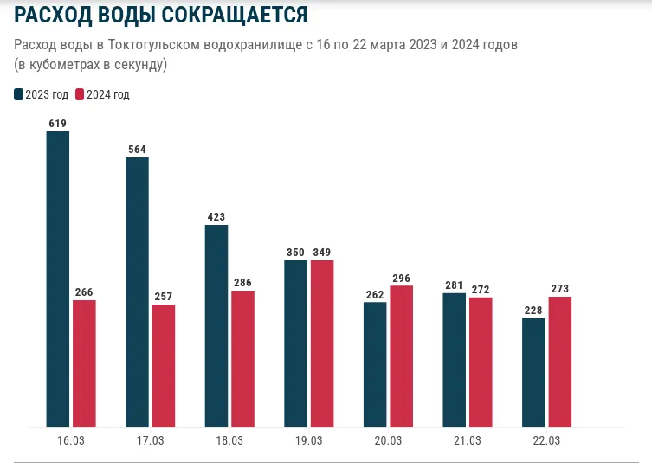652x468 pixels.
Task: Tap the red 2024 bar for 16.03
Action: [x=84, y=363]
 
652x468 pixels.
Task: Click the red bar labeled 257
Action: [x=163, y=365]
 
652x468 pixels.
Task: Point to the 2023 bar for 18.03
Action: [x=216, y=325]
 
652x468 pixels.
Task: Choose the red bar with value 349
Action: [x=322, y=343]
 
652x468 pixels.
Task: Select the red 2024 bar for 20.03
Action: [x=401, y=356]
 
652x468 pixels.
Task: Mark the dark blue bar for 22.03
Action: [x=534, y=372]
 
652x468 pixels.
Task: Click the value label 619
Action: [x=58, y=124]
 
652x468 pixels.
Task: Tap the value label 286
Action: [x=242, y=283]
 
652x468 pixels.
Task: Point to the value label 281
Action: [x=455, y=285]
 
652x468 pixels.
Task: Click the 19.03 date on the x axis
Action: [x=308, y=441]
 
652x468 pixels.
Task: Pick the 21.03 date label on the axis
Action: [x=467, y=441]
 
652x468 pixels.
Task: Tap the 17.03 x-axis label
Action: [x=150, y=441]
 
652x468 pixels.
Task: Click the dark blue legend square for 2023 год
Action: [x=19, y=94]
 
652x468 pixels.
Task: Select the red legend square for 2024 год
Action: [x=81, y=94]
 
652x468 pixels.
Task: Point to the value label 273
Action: [x=560, y=289]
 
